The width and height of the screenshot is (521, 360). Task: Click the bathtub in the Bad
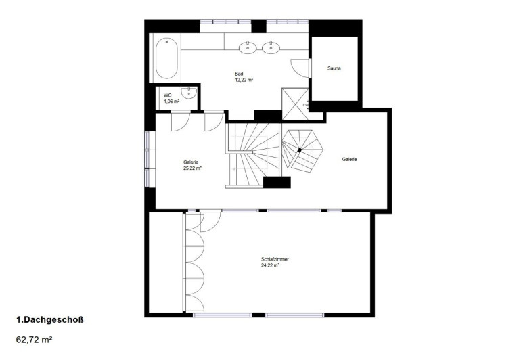click(x=166, y=58)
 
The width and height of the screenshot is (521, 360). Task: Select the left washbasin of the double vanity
click(x=248, y=47)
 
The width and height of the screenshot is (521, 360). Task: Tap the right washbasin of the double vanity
click(x=271, y=47)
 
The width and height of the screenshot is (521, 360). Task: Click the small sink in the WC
click(x=189, y=93)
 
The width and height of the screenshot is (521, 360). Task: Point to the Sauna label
click(x=334, y=68)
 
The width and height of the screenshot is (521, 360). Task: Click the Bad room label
click(x=239, y=74)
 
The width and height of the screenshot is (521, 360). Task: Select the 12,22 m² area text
click(x=244, y=80)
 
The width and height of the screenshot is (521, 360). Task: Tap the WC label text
click(x=168, y=95)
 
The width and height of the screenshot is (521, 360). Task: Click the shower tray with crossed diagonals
click(x=295, y=104)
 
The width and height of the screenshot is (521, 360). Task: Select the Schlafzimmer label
click(x=275, y=259)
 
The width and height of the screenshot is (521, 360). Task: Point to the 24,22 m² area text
click(x=270, y=265)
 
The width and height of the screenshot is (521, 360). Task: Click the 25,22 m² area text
click(x=192, y=168)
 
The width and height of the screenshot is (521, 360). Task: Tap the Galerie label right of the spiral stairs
click(x=350, y=159)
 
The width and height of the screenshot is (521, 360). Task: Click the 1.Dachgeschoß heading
click(x=50, y=320)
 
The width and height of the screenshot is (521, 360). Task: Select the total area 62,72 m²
click(x=35, y=340)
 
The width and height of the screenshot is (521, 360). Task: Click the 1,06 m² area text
click(x=172, y=102)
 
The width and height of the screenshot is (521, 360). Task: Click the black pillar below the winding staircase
click(x=277, y=183)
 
